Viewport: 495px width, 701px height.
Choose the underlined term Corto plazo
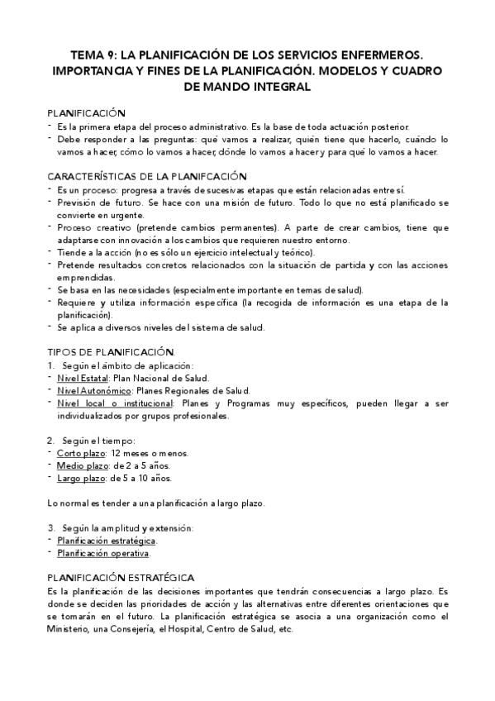pos(81,453)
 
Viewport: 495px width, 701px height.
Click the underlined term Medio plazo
pos(83,465)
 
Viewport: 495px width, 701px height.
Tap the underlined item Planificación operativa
pos(103,553)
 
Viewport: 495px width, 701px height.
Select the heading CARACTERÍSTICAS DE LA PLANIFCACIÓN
pos(147,176)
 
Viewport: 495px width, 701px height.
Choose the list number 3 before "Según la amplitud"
pos(50,527)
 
